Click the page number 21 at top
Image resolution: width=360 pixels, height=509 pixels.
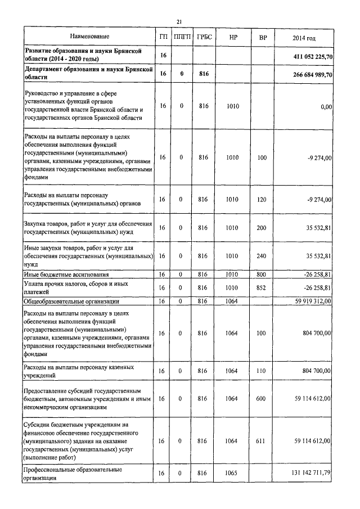coord(179,21)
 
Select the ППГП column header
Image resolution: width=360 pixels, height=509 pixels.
coord(182,37)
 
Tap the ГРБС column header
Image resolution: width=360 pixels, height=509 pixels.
coord(203,37)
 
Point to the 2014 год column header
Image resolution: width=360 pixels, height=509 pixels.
coord(304,37)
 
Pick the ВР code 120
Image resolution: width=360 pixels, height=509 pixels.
coord(262,199)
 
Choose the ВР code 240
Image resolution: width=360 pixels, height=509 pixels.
coord(262,256)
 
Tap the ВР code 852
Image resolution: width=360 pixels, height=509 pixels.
coord(262,287)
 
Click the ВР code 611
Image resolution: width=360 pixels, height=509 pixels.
coord(262,442)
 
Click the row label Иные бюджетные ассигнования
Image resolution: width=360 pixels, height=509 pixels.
coord(66,274)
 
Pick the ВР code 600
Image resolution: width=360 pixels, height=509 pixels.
coord(262,399)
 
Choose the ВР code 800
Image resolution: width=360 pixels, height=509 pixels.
coord(262,274)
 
